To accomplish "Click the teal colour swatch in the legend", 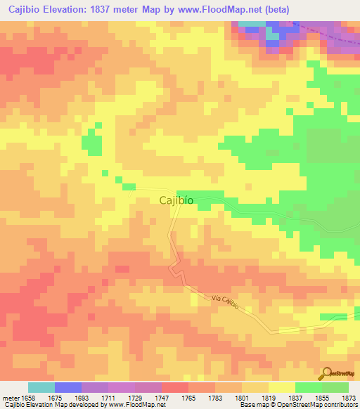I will tap(41, 387).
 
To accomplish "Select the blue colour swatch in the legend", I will tap(68, 387).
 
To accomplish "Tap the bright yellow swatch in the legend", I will tap(281, 387).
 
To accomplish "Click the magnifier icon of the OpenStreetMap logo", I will tap(328, 372).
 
